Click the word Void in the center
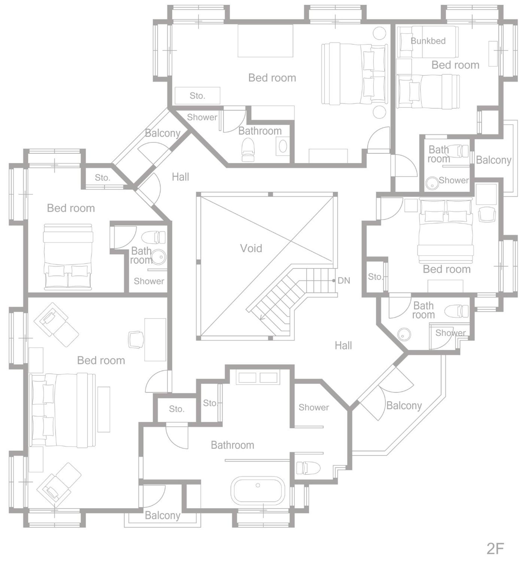251,248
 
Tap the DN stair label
344,280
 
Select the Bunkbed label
428,41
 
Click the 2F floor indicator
495,548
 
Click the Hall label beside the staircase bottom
343,345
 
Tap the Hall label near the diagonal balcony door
180,177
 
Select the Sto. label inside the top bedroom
197,96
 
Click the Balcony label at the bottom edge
162,515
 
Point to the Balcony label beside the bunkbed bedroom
493,160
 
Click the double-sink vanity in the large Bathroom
258,378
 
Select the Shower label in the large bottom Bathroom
314,407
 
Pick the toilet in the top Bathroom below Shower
248,149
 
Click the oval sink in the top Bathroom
283,146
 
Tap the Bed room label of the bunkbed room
455,65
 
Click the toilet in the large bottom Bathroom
308,468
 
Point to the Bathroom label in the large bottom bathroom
232,445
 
